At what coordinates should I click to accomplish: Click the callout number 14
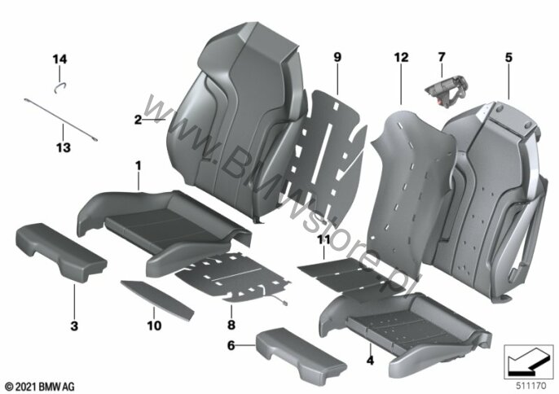coord(60,59)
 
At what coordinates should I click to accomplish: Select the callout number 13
coord(64,147)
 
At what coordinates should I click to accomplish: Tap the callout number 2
coord(138,120)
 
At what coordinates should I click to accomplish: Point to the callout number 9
coord(337,57)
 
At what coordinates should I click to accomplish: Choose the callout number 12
coord(401,57)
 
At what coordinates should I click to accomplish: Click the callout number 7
coord(442,57)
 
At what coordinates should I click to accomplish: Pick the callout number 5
coord(508,57)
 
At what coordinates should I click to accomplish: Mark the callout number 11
coord(324,240)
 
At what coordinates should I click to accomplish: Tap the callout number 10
coord(154,326)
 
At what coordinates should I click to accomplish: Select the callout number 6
coord(231,345)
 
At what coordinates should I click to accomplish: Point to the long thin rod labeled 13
coord(61,120)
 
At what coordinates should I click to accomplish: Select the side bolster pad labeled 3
coord(60,252)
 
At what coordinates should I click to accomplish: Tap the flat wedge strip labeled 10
coord(156,300)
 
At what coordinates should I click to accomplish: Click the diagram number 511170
coord(530,385)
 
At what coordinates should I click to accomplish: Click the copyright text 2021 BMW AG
coord(40,386)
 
